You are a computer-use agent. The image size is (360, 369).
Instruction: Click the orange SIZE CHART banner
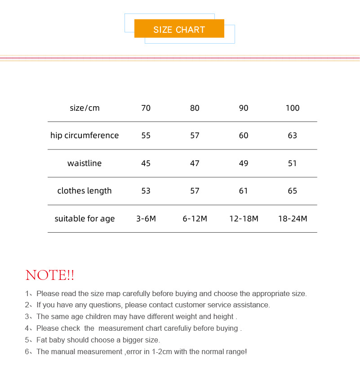click(179, 29)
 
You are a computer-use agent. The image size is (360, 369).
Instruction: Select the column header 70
click(146, 108)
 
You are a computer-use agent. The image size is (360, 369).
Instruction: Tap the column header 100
click(292, 108)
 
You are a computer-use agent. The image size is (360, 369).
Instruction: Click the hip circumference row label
click(84, 135)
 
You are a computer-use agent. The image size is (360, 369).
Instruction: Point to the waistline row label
click(84, 163)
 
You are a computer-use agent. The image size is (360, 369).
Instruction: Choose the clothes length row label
click(84, 191)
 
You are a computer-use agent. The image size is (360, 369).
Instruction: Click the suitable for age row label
click(84, 219)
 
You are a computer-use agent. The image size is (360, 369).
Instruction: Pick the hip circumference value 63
click(292, 135)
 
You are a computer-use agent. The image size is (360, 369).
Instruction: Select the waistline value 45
click(146, 163)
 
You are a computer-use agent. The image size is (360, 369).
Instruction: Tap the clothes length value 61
click(244, 191)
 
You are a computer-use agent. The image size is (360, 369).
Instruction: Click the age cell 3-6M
click(146, 219)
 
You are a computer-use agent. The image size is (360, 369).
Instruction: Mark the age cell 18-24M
click(293, 219)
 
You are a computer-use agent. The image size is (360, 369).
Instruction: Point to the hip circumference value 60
click(244, 135)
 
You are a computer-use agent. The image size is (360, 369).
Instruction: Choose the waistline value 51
click(292, 163)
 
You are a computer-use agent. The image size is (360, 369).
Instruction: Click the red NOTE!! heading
click(50, 275)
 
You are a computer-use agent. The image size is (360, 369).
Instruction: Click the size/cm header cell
click(84, 108)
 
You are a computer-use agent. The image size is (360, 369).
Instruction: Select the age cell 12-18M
click(244, 219)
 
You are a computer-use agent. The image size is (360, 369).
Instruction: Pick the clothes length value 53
click(146, 191)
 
